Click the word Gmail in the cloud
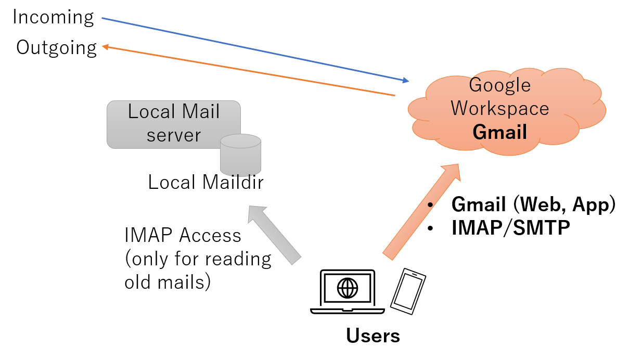499,132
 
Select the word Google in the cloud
499,85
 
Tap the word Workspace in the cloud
499,108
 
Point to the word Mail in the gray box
201,112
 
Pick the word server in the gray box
173,135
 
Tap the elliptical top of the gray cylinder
240,141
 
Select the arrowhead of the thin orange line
105,47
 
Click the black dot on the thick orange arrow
430,204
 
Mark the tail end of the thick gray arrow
296,260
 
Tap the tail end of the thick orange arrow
388,255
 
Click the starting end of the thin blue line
102,18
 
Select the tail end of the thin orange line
395,96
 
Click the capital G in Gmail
479,132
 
